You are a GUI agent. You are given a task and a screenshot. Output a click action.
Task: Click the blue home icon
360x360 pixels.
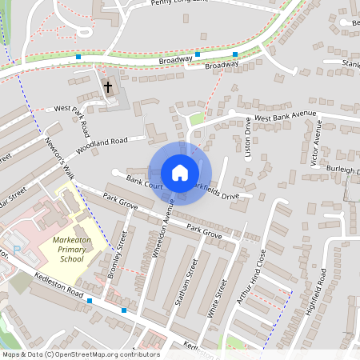[x=180, y=172]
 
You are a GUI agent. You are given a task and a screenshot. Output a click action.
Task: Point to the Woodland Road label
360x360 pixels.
[x=102, y=146]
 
